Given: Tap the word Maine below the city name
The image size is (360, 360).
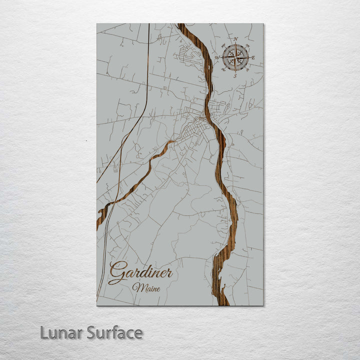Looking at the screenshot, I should pyautogui.click(x=144, y=287).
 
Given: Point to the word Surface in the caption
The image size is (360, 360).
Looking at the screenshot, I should pyautogui.click(x=114, y=332).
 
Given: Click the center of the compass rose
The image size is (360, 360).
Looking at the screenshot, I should pyautogui.click(x=235, y=57).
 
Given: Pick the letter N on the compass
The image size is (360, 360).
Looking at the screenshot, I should pyautogui.click(x=236, y=39).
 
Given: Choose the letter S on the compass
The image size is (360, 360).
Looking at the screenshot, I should pyautogui.click(x=235, y=76).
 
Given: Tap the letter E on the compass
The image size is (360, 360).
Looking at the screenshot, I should pyautogui.click(x=253, y=58).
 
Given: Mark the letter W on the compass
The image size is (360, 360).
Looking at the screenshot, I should pyautogui.click(x=217, y=57).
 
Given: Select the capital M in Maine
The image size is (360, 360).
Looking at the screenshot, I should pyautogui.click(x=136, y=287).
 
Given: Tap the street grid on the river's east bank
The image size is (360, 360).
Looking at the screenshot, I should pyautogui.click(x=218, y=107).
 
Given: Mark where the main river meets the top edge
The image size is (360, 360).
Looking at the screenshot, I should pyautogui.click(x=181, y=24).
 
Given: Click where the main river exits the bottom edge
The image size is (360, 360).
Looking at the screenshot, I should pyautogui.click(x=222, y=304).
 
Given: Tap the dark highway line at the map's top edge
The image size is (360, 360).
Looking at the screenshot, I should pyautogui.click(x=149, y=24).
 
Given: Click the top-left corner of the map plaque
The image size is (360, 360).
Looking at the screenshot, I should pyautogui.click(x=97, y=24).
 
